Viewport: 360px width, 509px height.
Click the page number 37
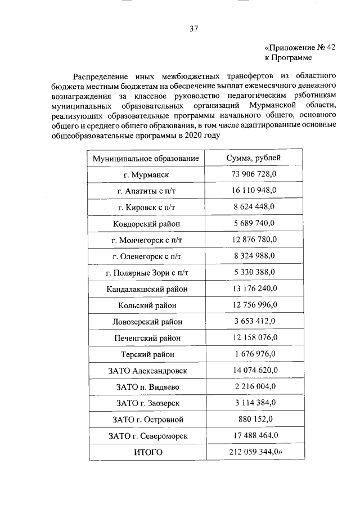(193, 28)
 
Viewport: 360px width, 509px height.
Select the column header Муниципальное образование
(146, 159)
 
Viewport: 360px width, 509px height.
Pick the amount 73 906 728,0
(254, 174)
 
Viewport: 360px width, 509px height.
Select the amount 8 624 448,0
(254, 207)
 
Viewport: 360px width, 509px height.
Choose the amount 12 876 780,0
(254, 240)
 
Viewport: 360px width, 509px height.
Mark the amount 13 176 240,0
(254, 289)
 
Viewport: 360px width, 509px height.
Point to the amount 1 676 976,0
(254, 354)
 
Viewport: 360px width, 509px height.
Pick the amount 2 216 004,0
(254, 386)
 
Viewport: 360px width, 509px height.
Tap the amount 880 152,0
(254, 419)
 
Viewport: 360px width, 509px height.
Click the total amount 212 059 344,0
(255, 452)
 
